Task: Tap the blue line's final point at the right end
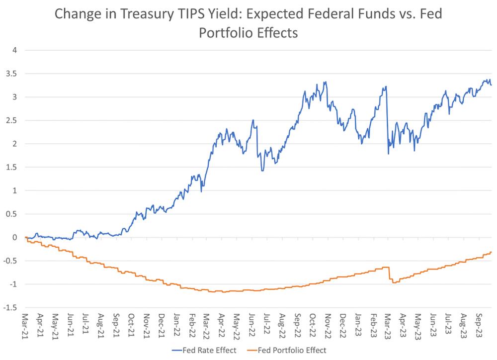[492, 85]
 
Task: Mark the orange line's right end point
[492, 252]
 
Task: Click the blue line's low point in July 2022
[262, 171]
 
